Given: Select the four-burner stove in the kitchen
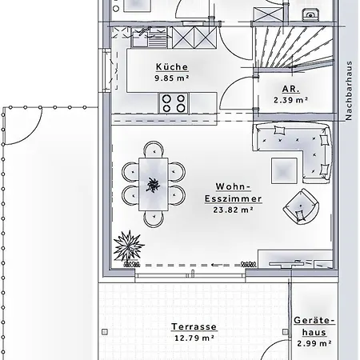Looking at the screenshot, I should point(174,102).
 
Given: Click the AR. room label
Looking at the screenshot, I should point(290,90).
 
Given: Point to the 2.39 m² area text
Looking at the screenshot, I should point(290,100).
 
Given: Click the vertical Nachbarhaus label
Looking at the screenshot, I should point(349,91).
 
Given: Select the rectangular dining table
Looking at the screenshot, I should point(152,182).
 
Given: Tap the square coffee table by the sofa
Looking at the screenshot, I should point(283,169).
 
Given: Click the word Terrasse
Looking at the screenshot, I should point(194,327).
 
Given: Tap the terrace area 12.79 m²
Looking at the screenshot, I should point(194,338).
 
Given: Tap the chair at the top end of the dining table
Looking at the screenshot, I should point(152,149).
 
